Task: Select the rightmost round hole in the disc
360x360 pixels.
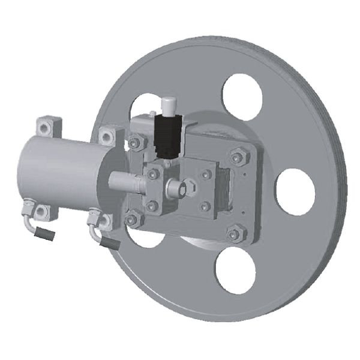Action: coord(295,191)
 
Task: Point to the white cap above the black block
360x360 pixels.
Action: coord(169,106)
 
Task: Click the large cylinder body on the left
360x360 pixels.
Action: coord(57,170)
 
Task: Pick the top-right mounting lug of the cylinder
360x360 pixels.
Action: coord(107,136)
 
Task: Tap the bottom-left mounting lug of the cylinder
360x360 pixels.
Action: coord(42,212)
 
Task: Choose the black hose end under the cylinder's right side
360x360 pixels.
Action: coord(110,244)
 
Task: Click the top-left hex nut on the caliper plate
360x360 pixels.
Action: coord(136,143)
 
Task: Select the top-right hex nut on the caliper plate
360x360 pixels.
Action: coord(237,158)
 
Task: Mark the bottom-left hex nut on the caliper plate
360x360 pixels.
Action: coord(133,219)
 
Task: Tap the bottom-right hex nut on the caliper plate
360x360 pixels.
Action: coord(236,233)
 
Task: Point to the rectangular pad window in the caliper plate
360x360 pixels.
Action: coord(225,188)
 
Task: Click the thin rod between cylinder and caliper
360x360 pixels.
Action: coord(126,179)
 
